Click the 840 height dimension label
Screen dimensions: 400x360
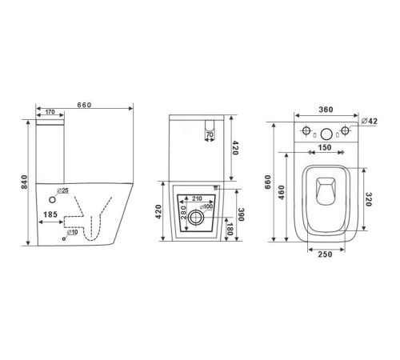pos(25,182)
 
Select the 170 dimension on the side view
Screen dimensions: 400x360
pos(50,112)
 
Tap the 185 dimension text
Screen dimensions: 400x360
pos(50,214)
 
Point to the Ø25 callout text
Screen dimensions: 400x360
pos(62,190)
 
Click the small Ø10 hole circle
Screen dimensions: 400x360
pos(64,238)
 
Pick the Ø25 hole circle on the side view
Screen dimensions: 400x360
pos(52,200)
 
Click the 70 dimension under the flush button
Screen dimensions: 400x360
pos(210,134)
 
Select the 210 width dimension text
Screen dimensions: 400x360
pos(197,198)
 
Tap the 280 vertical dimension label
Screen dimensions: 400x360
pos(183,212)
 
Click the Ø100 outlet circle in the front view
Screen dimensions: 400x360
pos(196,218)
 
